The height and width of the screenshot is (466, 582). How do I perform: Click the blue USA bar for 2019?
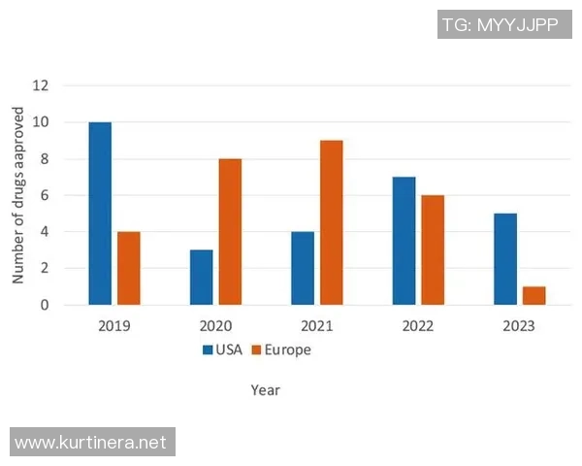[100, 214]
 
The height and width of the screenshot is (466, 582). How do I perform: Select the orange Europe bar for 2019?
[129, 268]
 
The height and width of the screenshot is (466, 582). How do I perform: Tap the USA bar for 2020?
[201, 277]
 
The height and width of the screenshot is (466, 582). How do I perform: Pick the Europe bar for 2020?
[230, 232]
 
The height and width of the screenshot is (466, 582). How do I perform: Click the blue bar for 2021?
[303, 268]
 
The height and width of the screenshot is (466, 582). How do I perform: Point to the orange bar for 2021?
[332, 222]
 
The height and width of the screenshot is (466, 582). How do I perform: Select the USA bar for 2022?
[404, 241]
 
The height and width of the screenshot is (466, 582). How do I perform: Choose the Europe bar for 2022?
[433, 250]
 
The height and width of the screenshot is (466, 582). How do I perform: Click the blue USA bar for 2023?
[504, 259]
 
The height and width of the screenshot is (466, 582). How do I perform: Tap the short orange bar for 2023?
[534, 295]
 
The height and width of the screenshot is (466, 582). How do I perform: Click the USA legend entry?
[222, 349]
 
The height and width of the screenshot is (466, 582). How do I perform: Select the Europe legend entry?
[282, 349]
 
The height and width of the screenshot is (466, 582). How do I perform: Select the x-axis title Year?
[265, 390]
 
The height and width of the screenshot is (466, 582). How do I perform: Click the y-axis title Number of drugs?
[18, 195]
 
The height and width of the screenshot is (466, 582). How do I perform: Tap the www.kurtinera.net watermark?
[92, 442]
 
